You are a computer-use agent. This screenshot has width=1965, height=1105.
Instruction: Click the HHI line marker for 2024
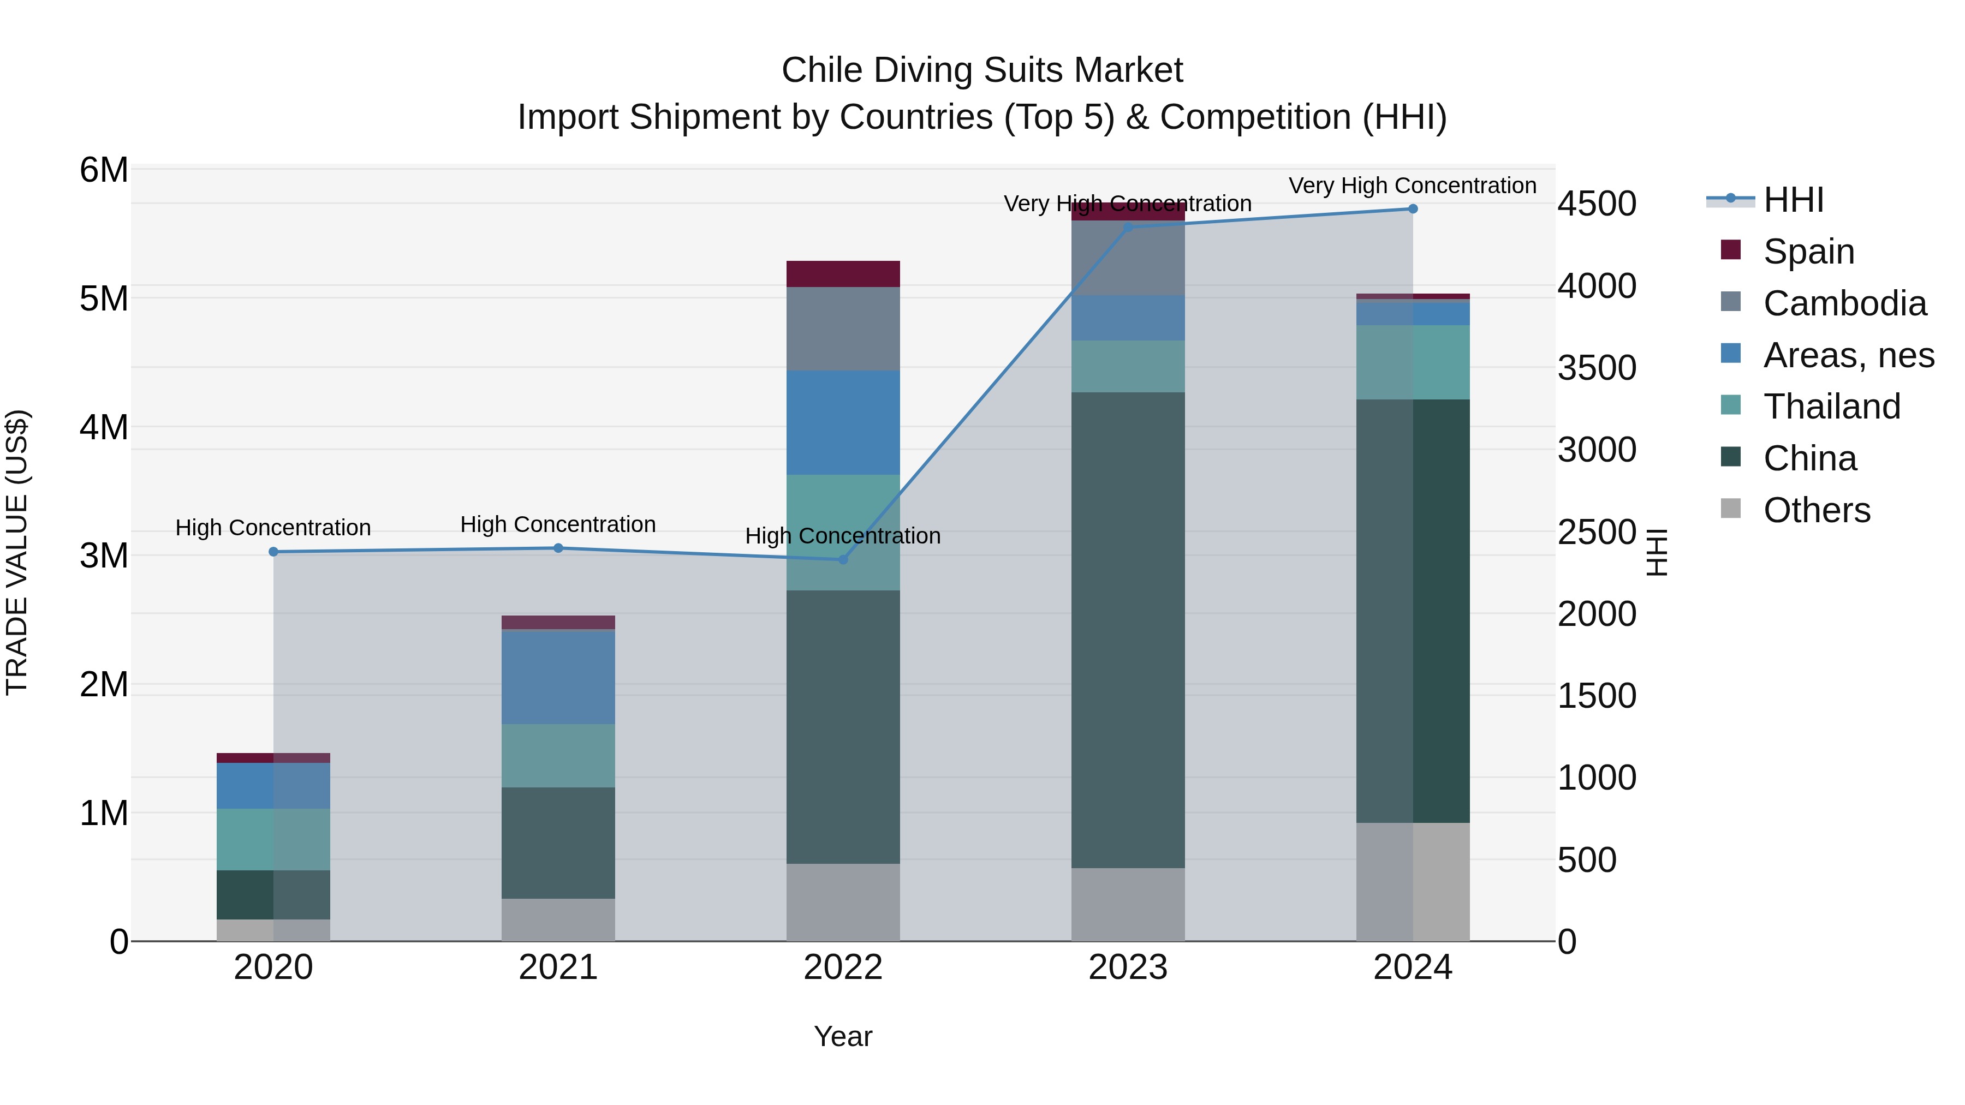(1413, 209)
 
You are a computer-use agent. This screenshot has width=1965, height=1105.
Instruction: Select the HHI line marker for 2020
(273, 551)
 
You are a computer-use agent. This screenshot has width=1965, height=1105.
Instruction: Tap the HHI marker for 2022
(843, 560)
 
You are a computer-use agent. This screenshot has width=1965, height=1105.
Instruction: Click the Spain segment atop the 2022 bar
(843, 274)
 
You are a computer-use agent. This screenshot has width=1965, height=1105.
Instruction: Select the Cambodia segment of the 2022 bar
(843, 328)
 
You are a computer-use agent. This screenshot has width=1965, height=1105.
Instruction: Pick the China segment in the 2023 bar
(1128, 629)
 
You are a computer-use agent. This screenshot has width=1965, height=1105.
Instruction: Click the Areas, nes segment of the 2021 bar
(558, 677)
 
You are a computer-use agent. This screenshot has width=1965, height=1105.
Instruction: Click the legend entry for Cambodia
(1844, 303)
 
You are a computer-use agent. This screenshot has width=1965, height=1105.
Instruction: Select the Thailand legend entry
(1831, 407)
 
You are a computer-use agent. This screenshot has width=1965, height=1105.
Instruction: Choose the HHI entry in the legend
(1793, 200)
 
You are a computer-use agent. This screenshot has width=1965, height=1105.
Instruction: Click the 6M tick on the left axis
(104, 170)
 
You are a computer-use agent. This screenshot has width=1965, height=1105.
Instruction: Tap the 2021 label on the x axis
(558, 967)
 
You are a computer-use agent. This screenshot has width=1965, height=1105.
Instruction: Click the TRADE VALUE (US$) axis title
(17, 553)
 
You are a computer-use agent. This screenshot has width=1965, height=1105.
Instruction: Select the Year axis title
(843, 1036)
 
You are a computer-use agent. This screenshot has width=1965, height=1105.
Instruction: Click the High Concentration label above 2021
(558, 524)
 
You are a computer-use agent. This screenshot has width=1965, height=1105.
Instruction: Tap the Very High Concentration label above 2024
(1413, 186)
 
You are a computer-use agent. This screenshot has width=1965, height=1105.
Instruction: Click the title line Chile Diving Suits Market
(982, 70)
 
